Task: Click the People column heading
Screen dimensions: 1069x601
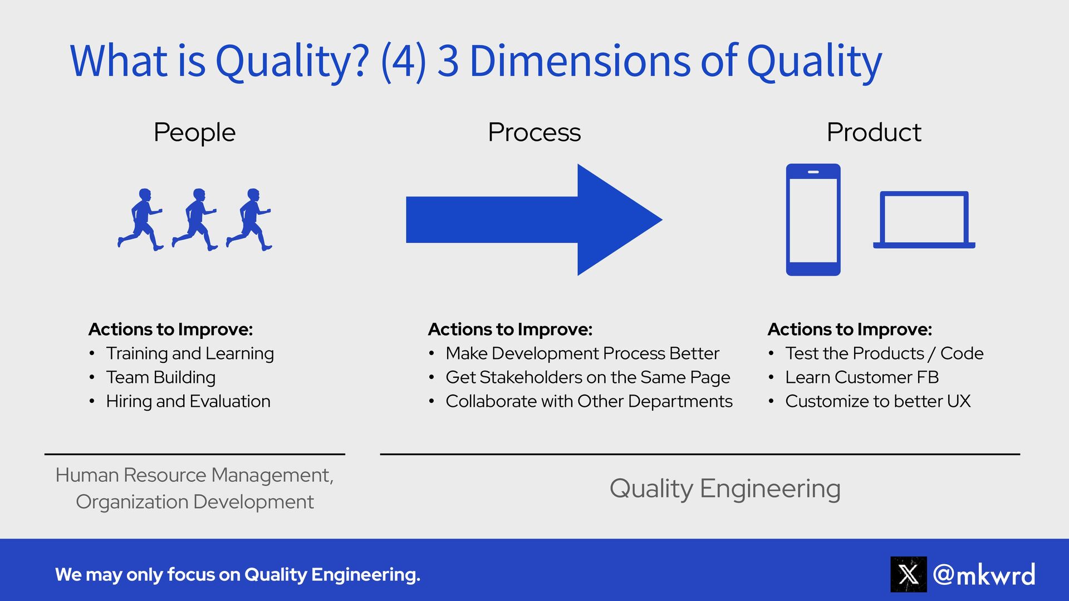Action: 194,132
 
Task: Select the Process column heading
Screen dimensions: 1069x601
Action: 534,132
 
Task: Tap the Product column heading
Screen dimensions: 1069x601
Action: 874,132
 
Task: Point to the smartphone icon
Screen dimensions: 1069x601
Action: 813,220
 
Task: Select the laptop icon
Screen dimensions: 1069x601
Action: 924,220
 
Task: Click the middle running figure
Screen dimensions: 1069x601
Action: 194,220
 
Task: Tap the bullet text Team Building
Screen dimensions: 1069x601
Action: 160,377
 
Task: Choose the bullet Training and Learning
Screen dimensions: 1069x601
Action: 190,353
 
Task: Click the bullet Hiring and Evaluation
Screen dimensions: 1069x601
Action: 188,401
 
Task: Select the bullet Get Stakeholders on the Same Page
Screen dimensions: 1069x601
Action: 587,377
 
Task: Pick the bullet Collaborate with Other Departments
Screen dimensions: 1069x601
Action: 589,401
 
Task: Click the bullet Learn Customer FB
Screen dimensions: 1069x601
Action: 862,377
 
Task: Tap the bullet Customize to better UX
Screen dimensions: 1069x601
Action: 877,401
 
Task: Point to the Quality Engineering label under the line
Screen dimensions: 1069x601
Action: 725,489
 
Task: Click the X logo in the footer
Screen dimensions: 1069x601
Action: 908,574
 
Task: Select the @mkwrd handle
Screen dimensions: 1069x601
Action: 984,574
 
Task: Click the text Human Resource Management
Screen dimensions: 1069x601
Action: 194,475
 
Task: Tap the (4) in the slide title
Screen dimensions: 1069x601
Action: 404,61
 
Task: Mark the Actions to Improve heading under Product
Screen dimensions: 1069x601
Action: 850,329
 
